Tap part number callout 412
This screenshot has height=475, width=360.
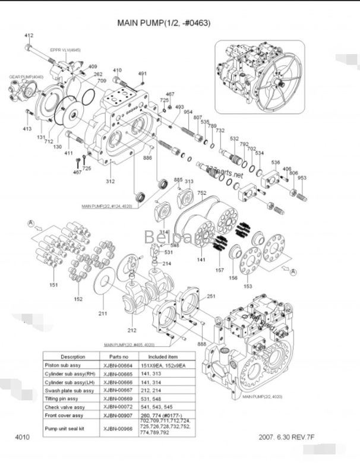click(29, 36)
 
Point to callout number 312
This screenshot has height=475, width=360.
click(110, 180)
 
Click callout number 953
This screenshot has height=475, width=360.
click(302, 178)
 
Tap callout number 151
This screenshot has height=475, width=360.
click(53, 286)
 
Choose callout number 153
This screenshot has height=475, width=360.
click(247, 286)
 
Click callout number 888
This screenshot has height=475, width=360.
click(202, 344)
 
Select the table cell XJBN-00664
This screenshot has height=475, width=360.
click(117, 365)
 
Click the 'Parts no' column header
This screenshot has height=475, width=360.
click(117, 356)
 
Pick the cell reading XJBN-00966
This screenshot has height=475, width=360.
click(117, 426)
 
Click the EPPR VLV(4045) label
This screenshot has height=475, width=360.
click(65, 50)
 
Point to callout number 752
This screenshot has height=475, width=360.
click(201, 192)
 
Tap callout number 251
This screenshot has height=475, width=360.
click(211, 296)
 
